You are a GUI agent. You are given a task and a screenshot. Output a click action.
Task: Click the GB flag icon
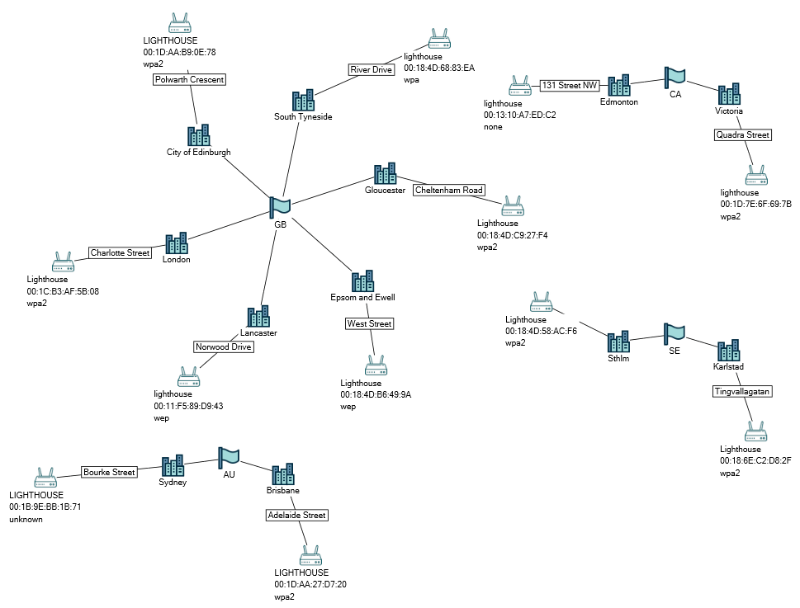click(x=280, y=206)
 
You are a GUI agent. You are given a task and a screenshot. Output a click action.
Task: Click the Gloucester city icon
click(x=385, y=173)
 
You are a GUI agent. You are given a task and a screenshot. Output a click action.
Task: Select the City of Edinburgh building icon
click(x=199, y=135)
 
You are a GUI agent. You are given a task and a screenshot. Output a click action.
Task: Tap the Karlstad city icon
click(x=729, y=350)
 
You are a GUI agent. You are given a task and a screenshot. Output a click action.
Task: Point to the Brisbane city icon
click(x=283, y=474)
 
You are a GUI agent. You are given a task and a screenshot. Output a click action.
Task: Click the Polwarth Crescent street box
click(x=189, y=79)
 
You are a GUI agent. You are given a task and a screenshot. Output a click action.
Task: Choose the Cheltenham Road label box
click(x=449, y=190)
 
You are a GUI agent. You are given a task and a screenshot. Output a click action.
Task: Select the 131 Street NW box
click(x=570, y=85)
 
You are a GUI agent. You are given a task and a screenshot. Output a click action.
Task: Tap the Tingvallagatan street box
click(x=743, y=392)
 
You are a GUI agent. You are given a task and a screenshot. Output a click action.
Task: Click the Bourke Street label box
click(x=109, y=472)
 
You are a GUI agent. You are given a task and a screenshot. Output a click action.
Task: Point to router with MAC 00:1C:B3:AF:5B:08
click(x=63, y=262)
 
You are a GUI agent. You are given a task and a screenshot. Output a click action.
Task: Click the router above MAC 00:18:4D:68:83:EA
click(x=438, y=39)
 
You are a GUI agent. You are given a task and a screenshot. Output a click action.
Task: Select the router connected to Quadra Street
click(x=755, y=176)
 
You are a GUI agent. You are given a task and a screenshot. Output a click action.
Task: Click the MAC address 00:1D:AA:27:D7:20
click(x=310, y=584)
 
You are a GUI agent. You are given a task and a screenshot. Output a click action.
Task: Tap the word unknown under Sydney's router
click(x=26, y=519)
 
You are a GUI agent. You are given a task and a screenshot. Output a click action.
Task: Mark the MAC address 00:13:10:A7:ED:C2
click(x=519, y=115)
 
